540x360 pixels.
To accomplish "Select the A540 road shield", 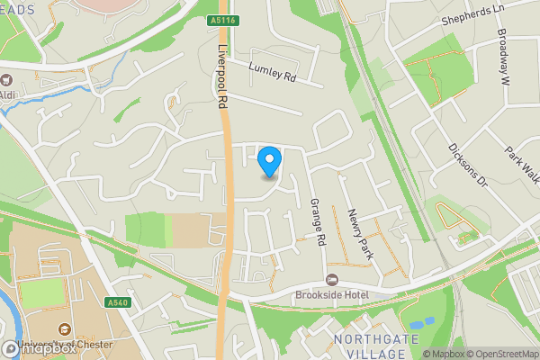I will point(117,302).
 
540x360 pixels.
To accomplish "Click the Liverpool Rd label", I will point(219,78).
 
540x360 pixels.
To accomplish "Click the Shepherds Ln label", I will point(470,20).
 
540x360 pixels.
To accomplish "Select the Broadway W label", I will point(504,60).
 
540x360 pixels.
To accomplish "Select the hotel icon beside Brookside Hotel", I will point(331,279).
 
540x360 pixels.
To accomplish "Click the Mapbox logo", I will point(38,348).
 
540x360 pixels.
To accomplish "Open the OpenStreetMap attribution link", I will point(500,354).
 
